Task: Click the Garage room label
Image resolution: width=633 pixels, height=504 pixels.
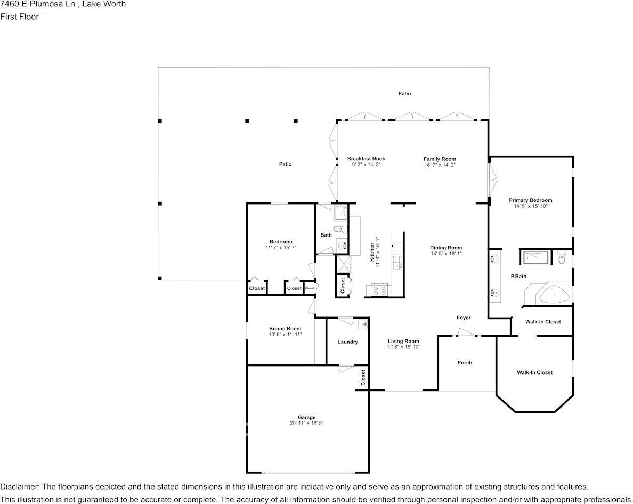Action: click(x=306, y=417)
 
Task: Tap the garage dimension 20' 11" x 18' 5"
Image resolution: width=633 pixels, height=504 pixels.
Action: click(x=306, y=423)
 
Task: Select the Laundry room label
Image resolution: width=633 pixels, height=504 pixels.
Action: click(x=347, y=342)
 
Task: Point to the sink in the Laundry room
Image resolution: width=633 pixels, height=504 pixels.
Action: click(x=363, y=324)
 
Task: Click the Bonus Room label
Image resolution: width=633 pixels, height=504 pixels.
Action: click(x=285, y=328)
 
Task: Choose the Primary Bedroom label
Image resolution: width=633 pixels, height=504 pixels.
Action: click(x=530, y=200)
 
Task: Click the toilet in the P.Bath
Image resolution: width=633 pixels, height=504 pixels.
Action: click(x=561, y=258)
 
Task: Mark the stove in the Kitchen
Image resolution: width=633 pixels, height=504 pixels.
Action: click(x=379, y=290)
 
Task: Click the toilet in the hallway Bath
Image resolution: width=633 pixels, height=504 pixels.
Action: click(x=344, y=229)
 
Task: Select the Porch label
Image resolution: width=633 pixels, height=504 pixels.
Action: click(x=465, y=363)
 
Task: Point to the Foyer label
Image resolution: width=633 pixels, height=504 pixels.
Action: click(x=464, y=318)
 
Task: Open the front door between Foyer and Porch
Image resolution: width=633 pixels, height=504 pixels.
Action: click(x=467, y=335)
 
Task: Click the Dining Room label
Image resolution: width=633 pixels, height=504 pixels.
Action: click(x=446, y=248)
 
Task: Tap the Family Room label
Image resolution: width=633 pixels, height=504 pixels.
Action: click(x=440, y=159)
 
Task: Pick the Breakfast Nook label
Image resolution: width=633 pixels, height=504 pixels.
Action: click(x=366, y=159)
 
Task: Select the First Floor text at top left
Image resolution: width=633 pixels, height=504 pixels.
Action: click(x=19, y=17)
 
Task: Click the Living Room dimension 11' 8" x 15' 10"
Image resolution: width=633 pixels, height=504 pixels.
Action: click(x=403, y=347)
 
